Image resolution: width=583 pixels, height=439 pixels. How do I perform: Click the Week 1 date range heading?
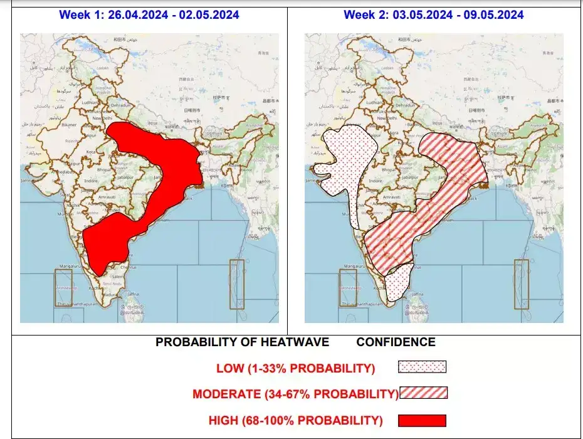(149, 14)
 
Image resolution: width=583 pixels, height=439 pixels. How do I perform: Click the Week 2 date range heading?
(434, 14)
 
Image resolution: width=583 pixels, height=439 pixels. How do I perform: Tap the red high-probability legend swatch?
(422, 420)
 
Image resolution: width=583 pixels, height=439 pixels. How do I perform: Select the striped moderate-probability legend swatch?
(424, 393)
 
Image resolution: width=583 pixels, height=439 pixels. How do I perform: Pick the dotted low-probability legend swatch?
(422, 367)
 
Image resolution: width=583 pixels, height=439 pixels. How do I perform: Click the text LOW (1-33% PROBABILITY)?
(296, 368)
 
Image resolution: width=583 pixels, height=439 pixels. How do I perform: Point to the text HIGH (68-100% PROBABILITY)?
(295, 420)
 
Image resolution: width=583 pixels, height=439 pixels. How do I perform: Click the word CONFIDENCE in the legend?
(396, 342)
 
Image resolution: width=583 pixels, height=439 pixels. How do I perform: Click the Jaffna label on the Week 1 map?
(132, 294)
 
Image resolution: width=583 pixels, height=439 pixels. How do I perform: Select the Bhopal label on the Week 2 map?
(389, 170)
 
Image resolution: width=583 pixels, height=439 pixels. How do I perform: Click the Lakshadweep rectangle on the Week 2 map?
(347, 288)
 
